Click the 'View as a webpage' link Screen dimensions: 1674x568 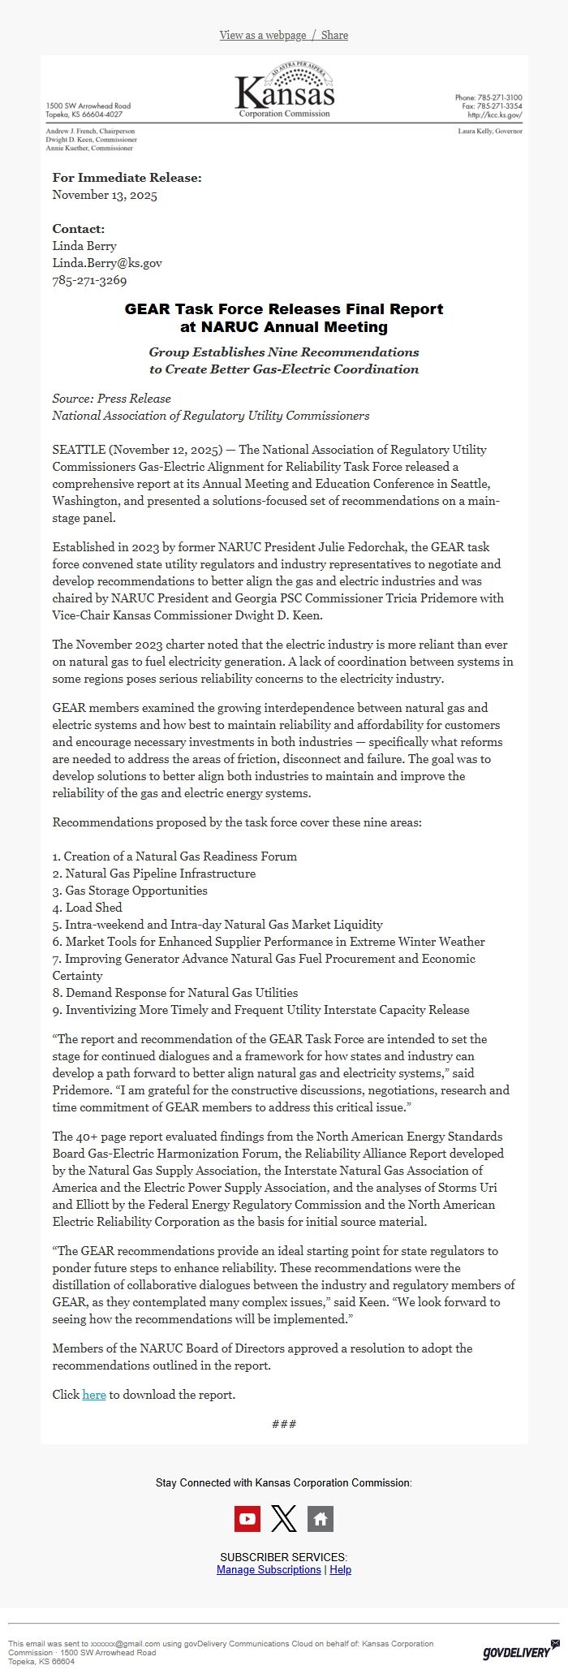point(262,35)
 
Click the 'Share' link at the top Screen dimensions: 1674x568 point(334,35)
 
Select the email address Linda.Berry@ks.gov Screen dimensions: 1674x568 point(107,263)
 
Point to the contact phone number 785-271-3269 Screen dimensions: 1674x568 point(89,280)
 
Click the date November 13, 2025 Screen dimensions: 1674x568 point(105,195)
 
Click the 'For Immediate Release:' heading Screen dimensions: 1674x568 point(127,178)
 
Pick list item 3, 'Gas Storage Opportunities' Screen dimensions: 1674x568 point(130,891)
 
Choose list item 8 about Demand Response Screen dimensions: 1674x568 point(175,992)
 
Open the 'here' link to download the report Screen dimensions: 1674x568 point(94,1395)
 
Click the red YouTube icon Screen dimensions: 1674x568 point(247,1519)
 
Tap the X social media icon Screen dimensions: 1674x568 point(283,1519)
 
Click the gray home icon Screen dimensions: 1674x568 point(321,1519)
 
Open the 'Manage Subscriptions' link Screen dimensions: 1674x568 point(269,1569)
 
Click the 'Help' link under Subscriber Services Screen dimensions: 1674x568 point(341,1569)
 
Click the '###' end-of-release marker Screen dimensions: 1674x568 point(284,1424)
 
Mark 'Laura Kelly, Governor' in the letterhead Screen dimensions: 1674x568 point(490,131)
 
